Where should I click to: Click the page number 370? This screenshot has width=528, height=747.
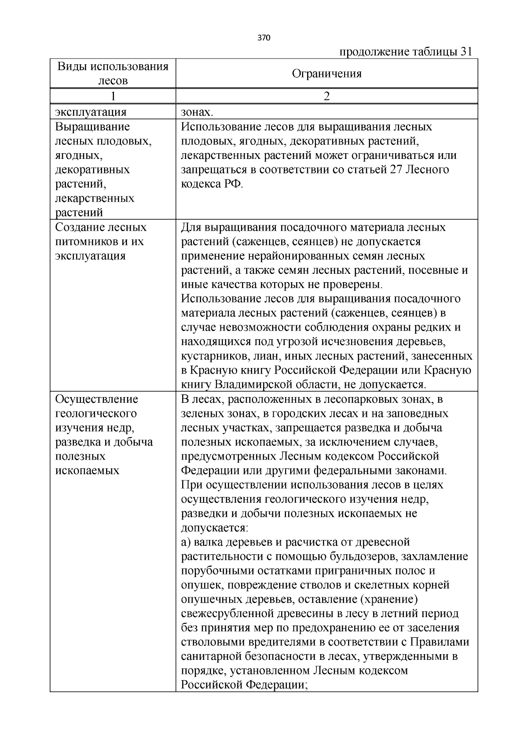point(264,37)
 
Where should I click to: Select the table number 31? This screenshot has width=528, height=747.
point(466,52)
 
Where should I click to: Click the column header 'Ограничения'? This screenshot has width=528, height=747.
point(326,74)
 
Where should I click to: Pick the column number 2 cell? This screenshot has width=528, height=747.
point(326,96)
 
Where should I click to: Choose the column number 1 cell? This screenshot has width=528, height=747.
point(113,96)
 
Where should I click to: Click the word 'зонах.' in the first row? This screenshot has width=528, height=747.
point(197,112)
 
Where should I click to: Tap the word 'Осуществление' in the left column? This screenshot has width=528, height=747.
point(97,399)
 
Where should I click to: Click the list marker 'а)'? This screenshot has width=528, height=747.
point(187,542)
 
